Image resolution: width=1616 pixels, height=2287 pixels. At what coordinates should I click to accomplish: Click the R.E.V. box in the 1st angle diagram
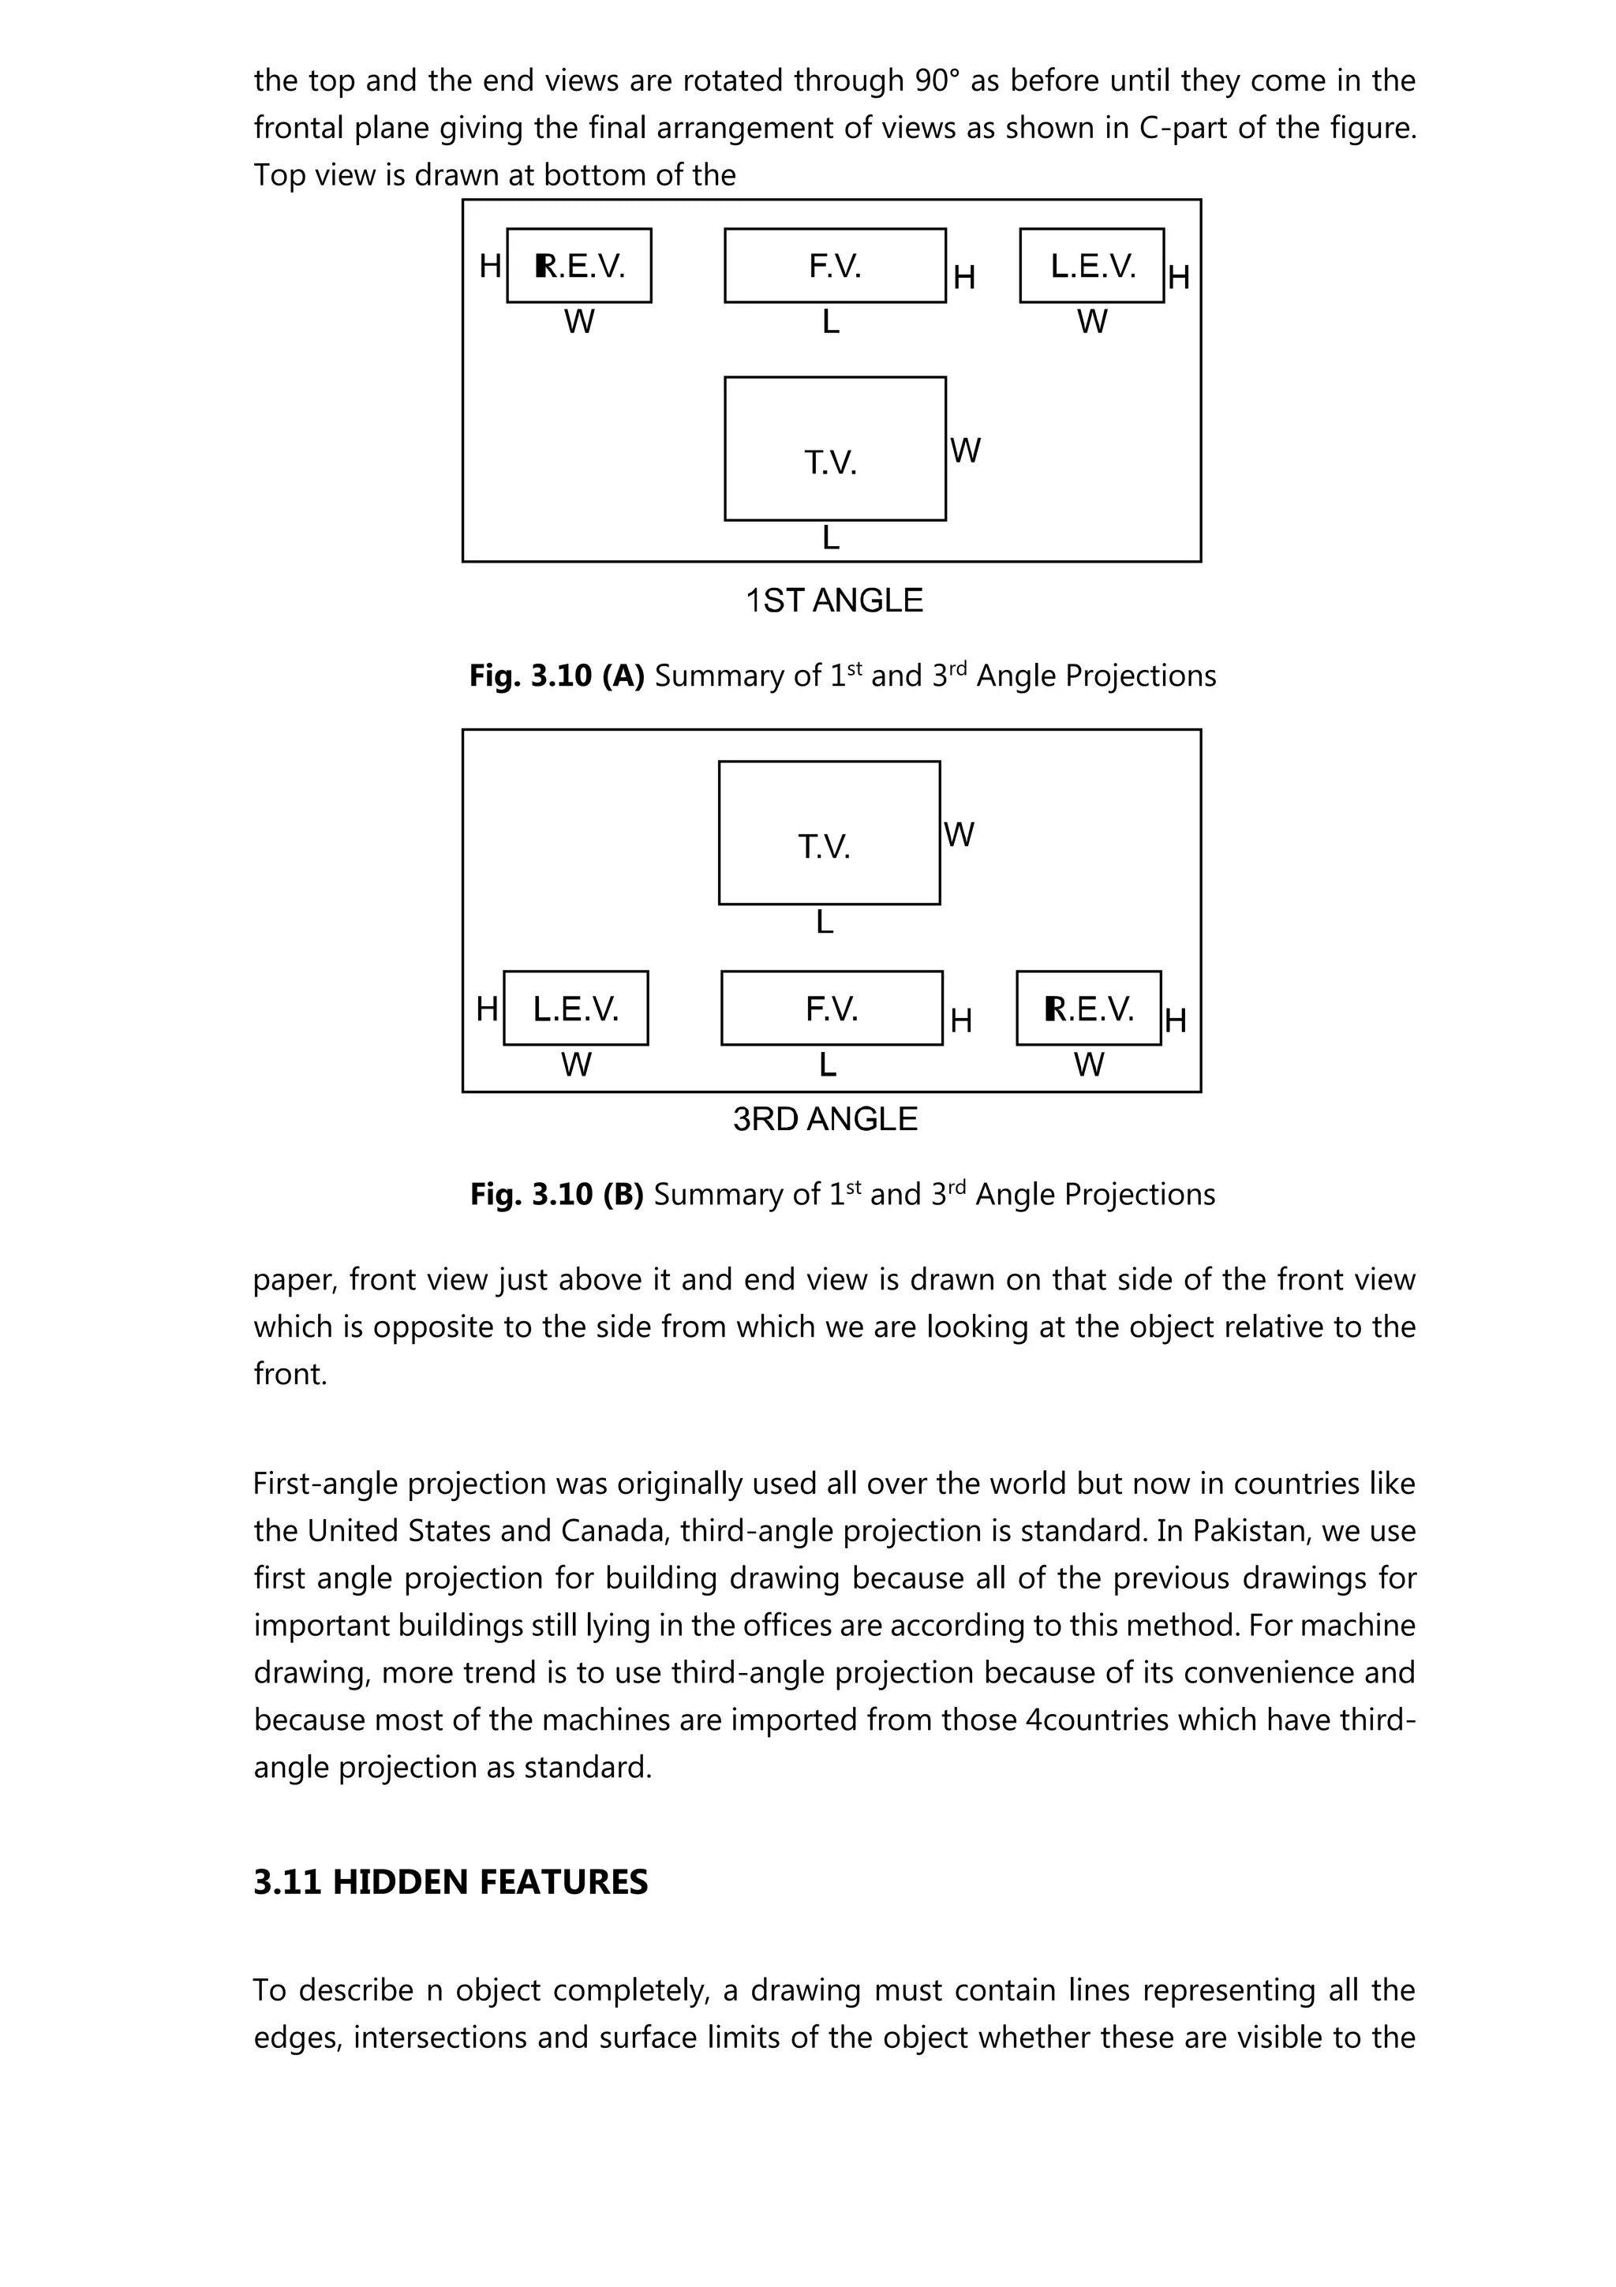(578, 266)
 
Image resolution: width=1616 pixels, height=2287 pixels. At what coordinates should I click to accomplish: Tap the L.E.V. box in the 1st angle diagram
(1091, 266)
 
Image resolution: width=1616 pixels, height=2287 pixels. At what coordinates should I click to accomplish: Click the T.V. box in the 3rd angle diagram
(829, 833)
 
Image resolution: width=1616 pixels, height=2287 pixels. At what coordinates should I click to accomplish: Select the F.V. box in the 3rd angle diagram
(832, 1008)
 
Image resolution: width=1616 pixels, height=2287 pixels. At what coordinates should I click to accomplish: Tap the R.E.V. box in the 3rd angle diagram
(1088, 1008)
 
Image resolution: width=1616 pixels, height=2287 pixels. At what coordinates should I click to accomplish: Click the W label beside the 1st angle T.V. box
(965, 451)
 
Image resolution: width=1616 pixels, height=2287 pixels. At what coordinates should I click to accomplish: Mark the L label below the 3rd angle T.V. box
(825, 923)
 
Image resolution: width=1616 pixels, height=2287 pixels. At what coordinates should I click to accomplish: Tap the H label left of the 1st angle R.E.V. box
(490, 267)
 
